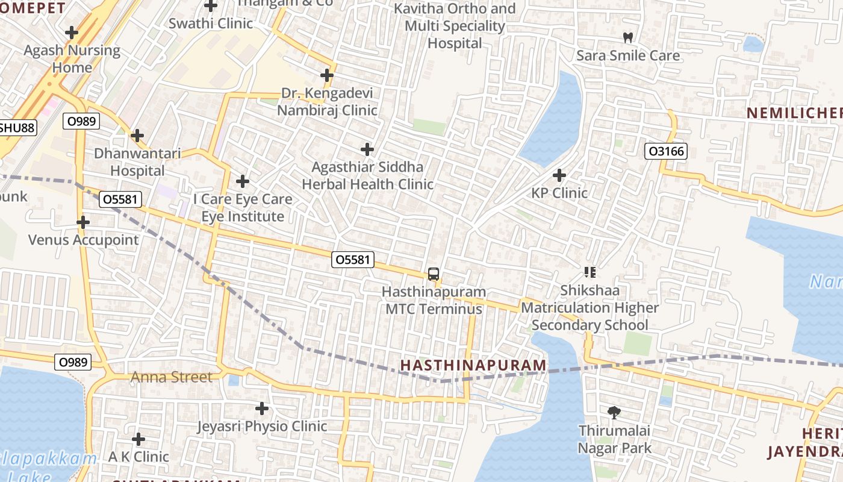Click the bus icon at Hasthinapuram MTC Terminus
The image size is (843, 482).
[434, 274]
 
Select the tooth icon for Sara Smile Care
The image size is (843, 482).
[628, 37]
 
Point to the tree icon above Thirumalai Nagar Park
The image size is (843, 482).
[614, 413]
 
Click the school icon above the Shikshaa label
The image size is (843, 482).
[589, 272]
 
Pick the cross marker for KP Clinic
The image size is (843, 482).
[559, 175]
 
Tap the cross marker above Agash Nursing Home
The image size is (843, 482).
[72, 33]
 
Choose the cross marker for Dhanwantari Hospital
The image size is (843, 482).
[137, 136]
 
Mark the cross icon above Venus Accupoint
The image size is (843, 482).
[83, 222]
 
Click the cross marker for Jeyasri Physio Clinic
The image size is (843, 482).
[262, 408]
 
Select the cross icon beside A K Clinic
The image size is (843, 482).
[138, 439]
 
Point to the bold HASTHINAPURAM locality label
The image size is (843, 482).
[473, 365]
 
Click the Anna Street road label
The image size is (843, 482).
[172, 378]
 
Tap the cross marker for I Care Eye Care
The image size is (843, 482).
[243, 181]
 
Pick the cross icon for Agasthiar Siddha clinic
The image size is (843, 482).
[367, 149]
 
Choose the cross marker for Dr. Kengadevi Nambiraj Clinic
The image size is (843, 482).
[327, 75]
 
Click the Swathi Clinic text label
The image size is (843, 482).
[211, 23]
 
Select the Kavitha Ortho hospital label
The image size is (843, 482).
[455, 26]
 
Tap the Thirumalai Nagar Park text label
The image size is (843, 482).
[615, 439]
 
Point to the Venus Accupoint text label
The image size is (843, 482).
[83, 240]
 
